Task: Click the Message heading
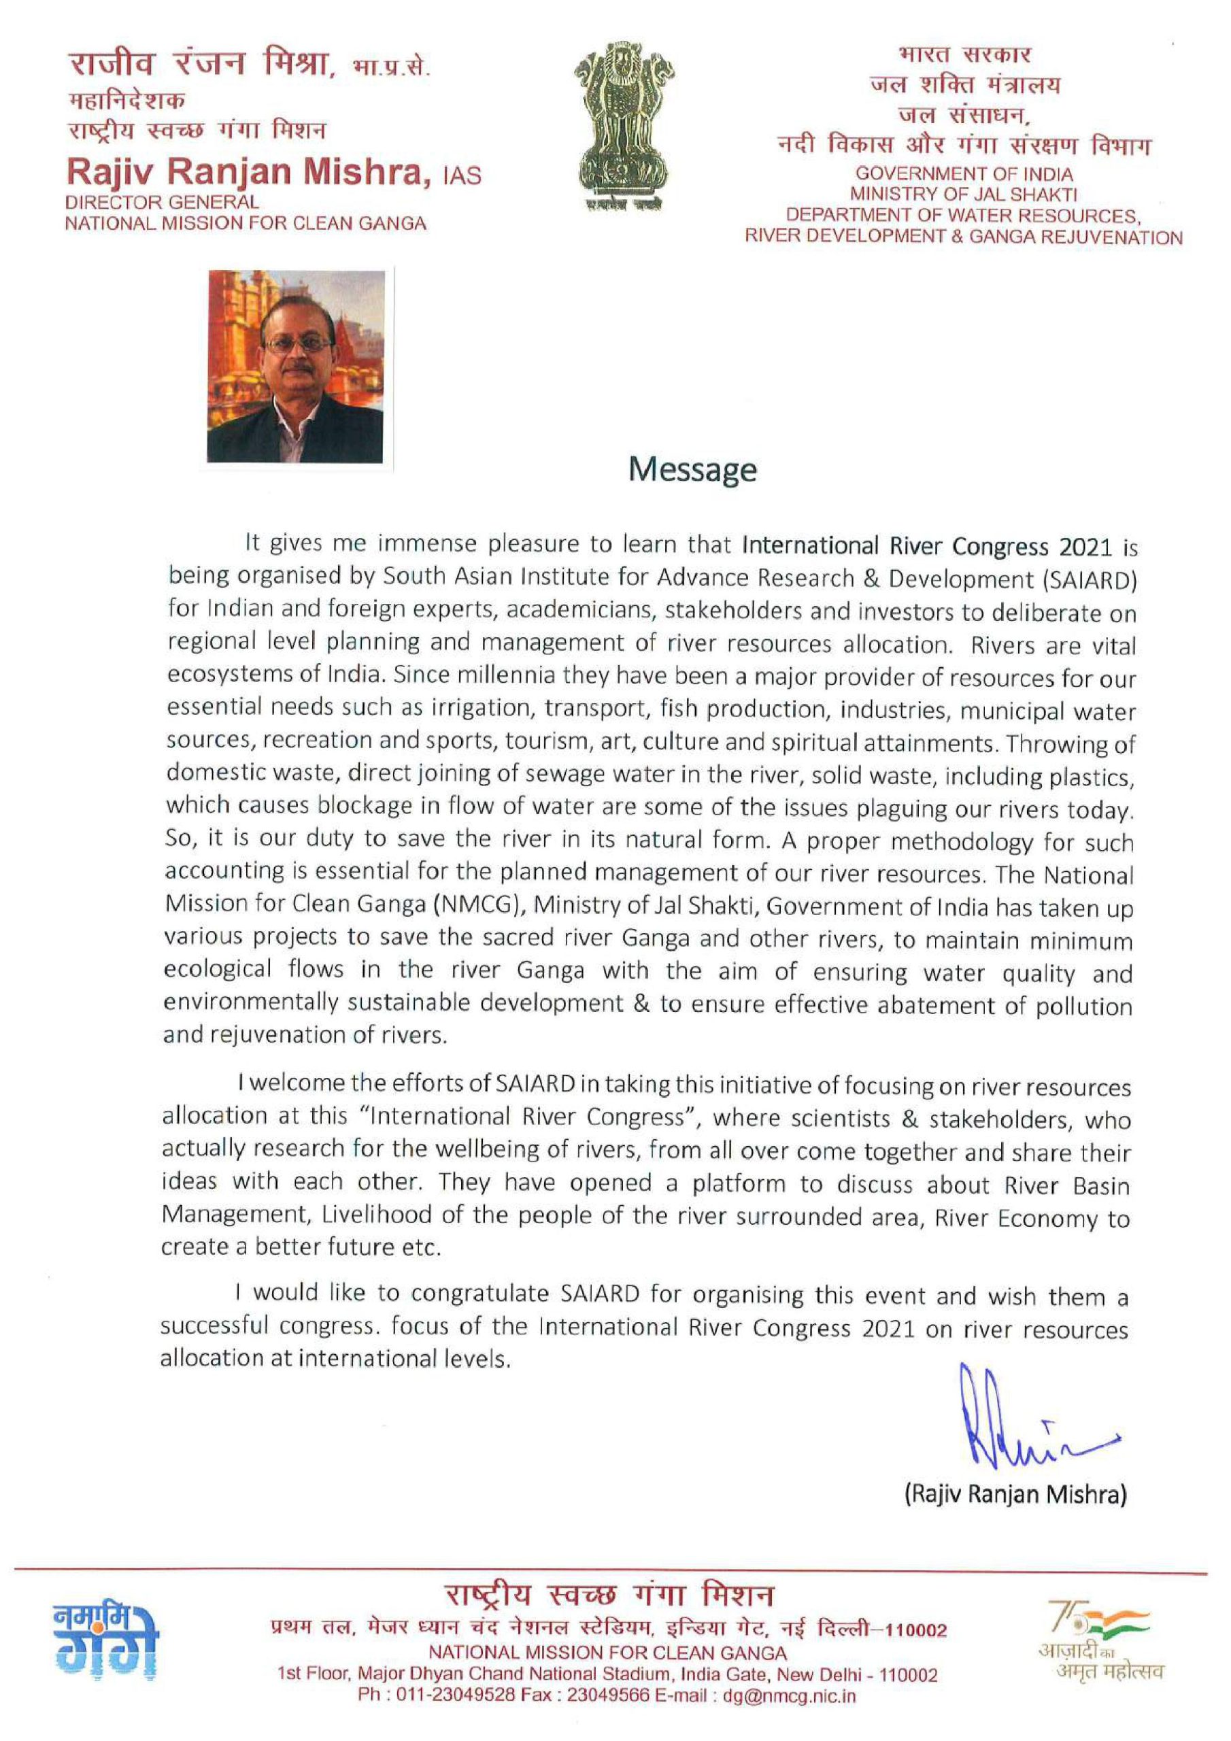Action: (x=692, y=470)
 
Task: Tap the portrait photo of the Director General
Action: (x=296, y=367)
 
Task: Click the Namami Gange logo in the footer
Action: (x=106, y=1644)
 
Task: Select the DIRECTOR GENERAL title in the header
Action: (x=162, y=203)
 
